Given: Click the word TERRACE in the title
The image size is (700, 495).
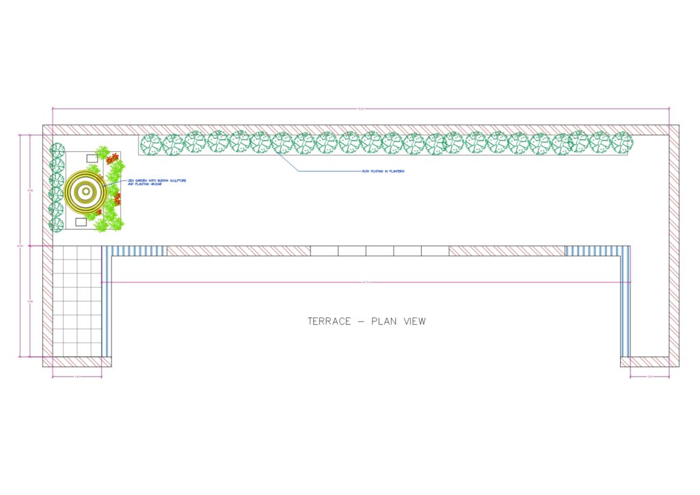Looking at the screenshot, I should click(329, 321).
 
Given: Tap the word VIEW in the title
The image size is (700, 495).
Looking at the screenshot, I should click(413, 321).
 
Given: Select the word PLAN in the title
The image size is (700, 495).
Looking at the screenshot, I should click(382, 321).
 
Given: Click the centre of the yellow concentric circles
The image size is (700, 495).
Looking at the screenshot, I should click(84, 191).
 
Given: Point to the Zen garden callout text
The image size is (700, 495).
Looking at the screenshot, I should click(156, 182).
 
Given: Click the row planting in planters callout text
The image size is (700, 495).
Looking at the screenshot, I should click(383, 171).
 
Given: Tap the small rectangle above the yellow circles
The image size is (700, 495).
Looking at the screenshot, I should click(92, 159).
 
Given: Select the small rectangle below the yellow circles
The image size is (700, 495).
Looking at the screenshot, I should click(81, 222).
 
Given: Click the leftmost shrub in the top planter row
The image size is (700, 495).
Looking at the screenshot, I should click(151, 144).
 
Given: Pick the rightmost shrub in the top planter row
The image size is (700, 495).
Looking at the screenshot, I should click(621, 143).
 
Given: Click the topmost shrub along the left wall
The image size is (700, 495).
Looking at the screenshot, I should click(57, 150).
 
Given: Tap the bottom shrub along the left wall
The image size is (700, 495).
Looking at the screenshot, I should click(57, 224).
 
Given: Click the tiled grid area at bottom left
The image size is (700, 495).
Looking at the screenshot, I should click(77, 301).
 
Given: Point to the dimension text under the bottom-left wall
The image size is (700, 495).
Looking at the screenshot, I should click(77, 376).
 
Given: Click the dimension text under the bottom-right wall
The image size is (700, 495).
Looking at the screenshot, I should click(649, 376).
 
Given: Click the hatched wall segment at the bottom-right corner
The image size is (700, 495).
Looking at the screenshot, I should click(649, 362).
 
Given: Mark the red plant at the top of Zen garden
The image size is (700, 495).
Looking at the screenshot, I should click(111, 158).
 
